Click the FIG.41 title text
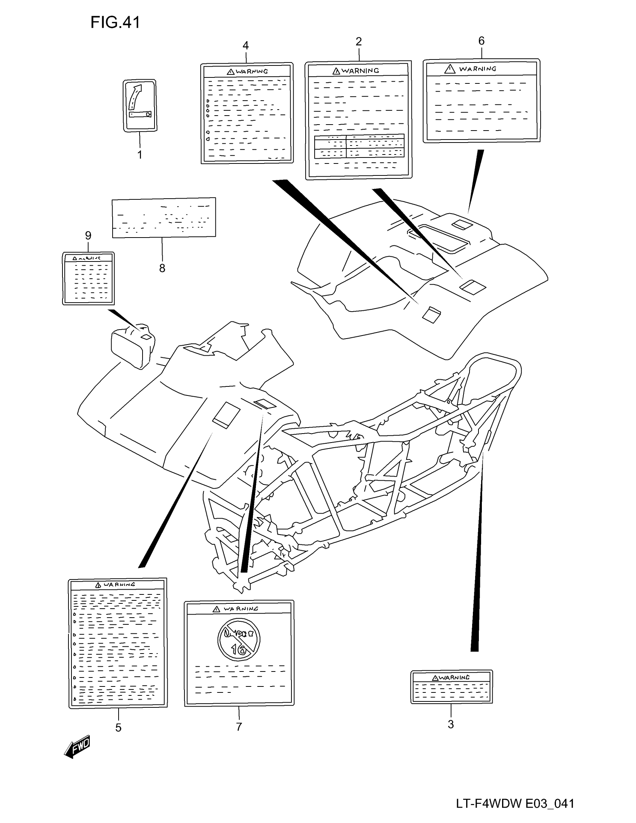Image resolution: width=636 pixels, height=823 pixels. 115,22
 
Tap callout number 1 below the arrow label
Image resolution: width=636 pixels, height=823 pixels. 140,154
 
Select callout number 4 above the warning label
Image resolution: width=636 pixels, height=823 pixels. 246,46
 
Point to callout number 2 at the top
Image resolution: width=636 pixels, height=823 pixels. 359,42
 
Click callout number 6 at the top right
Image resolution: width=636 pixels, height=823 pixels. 481,41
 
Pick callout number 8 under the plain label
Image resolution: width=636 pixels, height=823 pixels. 162,268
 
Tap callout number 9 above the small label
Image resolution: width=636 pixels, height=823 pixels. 88,236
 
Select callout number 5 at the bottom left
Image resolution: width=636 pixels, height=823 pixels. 118,728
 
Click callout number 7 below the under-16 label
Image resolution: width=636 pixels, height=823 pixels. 239,727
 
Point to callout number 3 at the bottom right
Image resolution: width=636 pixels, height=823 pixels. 451,724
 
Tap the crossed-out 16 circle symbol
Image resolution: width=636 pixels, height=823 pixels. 239,639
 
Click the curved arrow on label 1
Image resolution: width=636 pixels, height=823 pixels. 135,97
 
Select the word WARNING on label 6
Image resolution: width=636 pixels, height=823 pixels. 477,69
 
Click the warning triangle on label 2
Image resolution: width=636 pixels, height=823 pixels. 336,71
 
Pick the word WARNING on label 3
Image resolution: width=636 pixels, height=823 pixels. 455,677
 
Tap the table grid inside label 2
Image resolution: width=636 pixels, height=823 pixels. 359,146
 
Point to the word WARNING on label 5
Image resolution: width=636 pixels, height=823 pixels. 119,584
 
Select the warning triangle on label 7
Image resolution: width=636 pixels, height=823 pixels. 216,609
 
